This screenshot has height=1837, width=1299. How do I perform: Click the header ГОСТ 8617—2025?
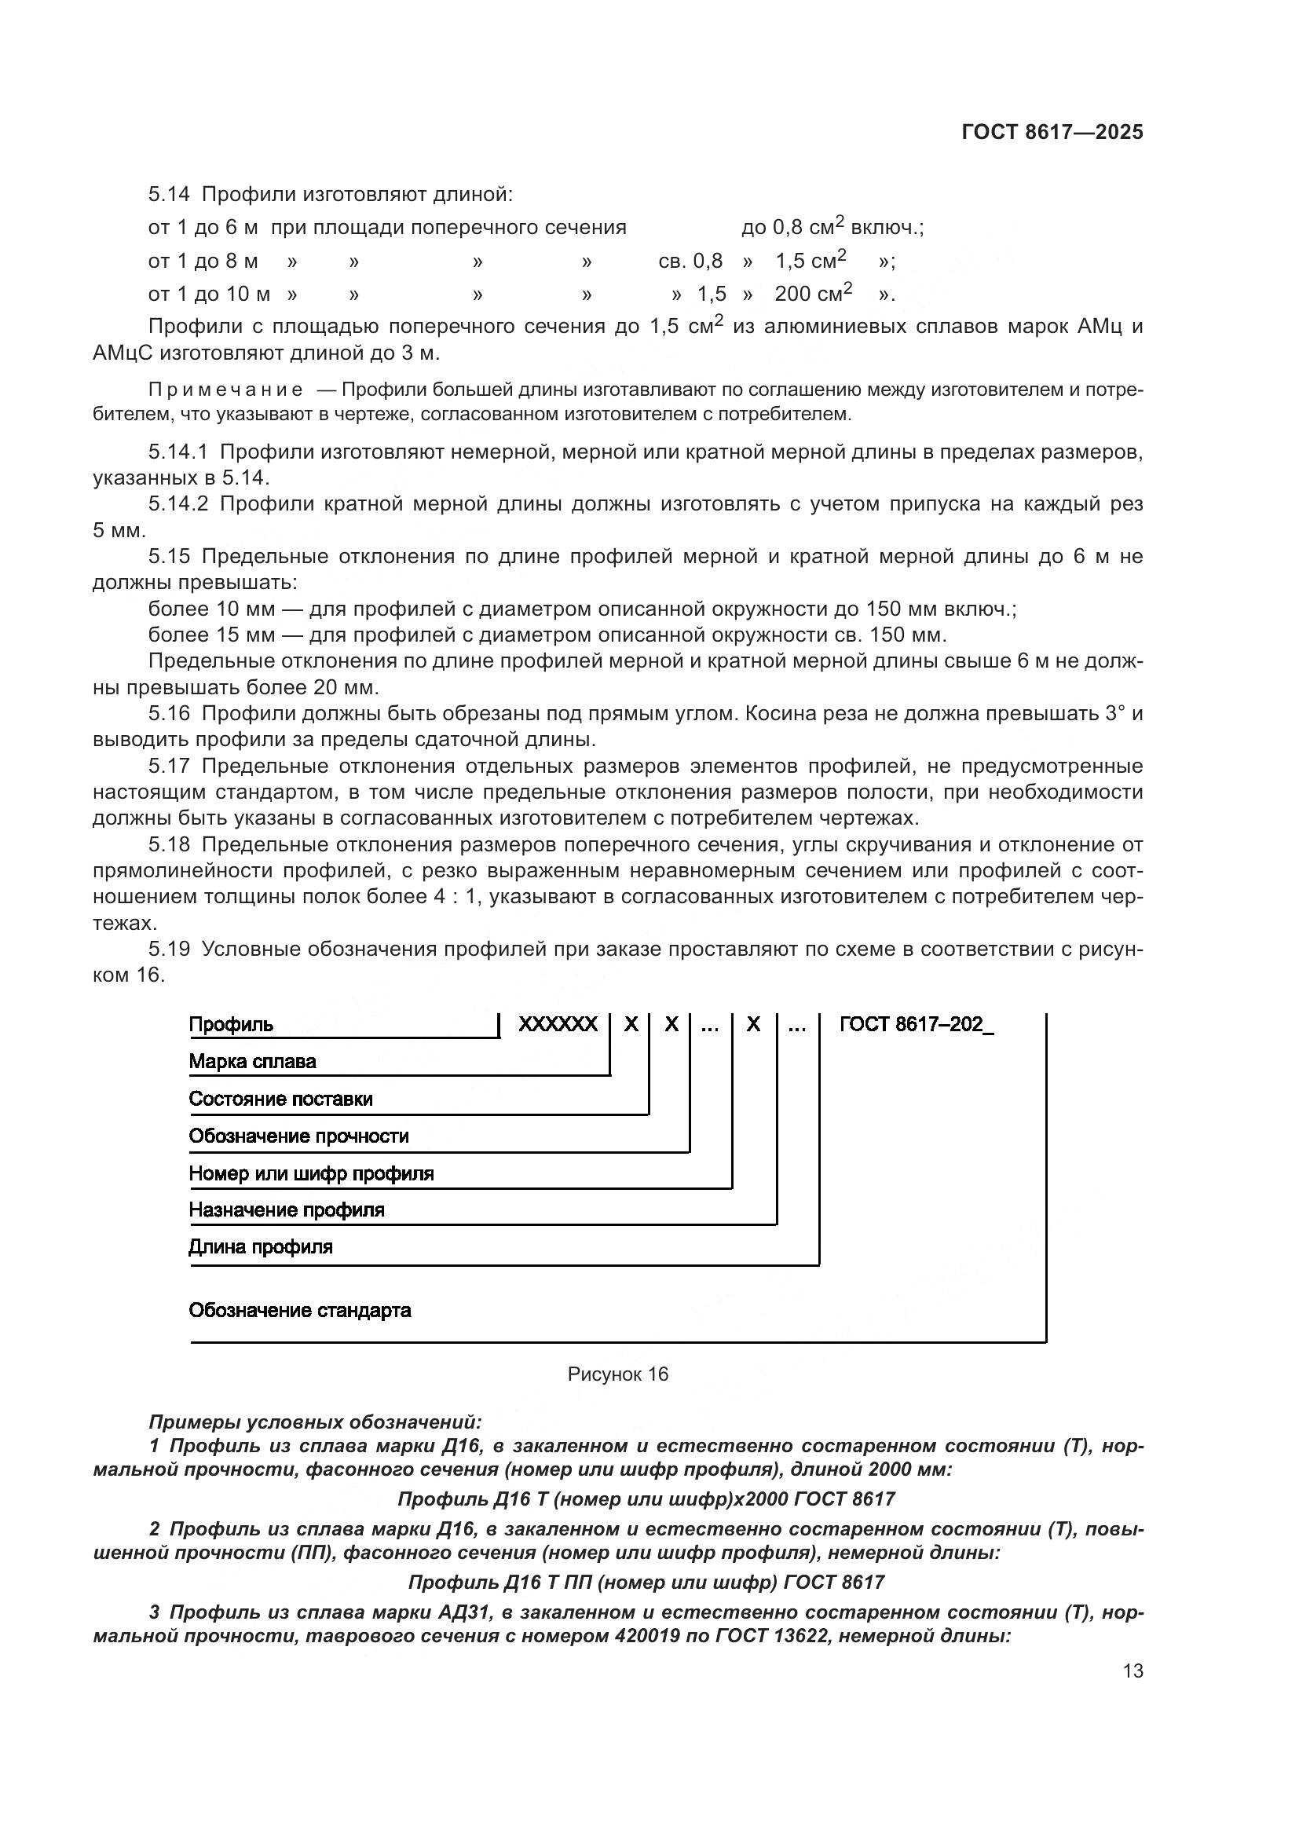[1052, 133]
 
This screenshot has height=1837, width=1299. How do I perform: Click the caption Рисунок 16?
[617, 1374]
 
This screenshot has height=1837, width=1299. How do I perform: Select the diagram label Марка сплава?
[252, 1062]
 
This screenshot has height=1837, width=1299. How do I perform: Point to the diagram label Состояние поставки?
[280, 1100]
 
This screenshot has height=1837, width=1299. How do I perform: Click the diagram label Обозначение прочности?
[298, 1136]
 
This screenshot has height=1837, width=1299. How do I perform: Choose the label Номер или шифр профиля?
[311, 1173]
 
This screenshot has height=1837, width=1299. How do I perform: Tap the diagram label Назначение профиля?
[287, 1209]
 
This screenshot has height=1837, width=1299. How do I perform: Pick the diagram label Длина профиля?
[260, 1246]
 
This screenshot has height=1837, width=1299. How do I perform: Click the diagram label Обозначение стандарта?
[299, 1311]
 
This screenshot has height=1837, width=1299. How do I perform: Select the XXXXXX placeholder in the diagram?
[558, 1025]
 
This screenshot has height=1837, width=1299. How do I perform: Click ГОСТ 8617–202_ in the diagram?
[916, 1025]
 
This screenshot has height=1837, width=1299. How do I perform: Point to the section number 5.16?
[169, 714]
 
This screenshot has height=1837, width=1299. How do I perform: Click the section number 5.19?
[169, 950]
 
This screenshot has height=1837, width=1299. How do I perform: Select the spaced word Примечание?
[225, 390]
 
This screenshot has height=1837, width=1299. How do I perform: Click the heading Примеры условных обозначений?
[315, 1422]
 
